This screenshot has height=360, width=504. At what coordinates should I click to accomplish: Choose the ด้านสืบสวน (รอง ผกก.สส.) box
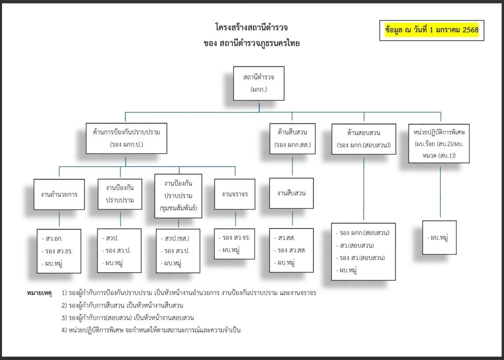(292, 138)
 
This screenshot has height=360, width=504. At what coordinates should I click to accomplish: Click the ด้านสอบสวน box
(364, 139)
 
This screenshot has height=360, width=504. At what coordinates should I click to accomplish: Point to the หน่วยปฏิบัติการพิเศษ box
(439, 143)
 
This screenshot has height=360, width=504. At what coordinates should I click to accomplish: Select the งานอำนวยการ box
(59, 194)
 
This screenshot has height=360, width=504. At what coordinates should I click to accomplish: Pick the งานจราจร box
(235, 194)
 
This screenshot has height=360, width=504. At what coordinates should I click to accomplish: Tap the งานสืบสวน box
(291, 193)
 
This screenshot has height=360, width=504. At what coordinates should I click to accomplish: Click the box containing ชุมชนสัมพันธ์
(178, 195)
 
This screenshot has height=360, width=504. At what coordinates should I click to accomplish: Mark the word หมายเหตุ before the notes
(39, 293)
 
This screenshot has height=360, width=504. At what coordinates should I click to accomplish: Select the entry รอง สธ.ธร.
(58, 251)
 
